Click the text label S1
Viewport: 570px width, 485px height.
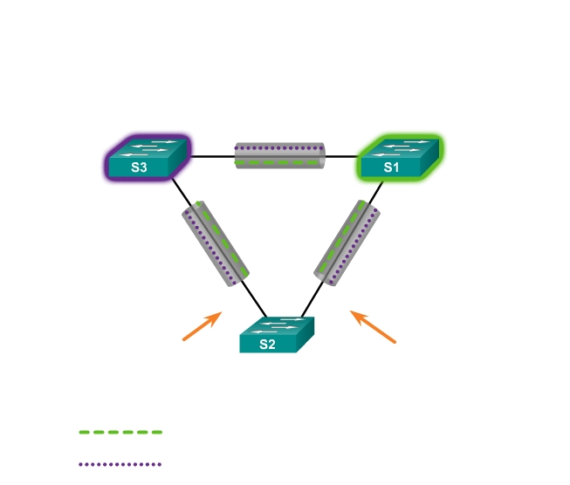pos(391,168)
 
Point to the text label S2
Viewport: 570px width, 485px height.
pos(267,345)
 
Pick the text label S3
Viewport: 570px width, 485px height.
pos(139,168)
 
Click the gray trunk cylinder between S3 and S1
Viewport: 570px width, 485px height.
pos(279,156)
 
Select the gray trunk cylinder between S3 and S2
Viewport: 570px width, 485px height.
pos(216,243)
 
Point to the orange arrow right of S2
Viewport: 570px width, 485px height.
pos(373,326)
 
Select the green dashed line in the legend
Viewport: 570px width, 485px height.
pos(120,432)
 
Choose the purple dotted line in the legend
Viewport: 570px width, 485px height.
pos(120,464)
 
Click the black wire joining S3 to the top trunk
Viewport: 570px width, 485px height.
pos(212,157)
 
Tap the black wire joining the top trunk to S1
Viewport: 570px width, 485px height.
pos(341,157)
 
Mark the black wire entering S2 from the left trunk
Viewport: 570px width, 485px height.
pos(258,301)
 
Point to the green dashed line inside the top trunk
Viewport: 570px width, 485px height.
pos(279,163)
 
